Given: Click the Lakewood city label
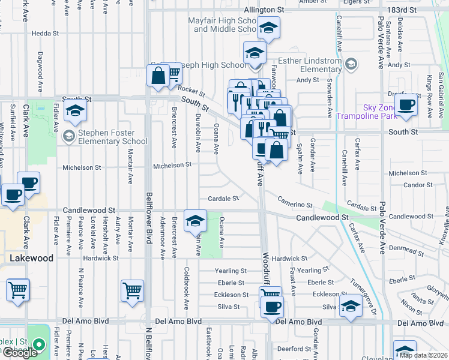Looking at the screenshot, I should coord(31,258).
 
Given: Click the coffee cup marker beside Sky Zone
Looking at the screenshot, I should coord(407,104).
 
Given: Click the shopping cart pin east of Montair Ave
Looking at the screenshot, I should coord(132,291).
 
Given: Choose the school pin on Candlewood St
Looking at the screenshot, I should coord(195,221).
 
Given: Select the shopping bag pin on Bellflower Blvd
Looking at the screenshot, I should coord(158,76).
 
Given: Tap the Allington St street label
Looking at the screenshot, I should coord(264,10).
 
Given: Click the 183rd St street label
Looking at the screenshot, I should coord(401,10).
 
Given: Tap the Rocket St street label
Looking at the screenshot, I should coord(191,91).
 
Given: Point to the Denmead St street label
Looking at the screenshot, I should coord(406,247).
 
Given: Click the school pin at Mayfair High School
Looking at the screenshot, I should coord(268,28).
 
